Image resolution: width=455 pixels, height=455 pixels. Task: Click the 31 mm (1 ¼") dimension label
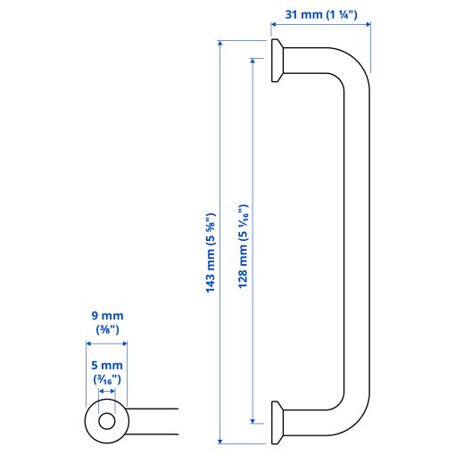click(319, 13)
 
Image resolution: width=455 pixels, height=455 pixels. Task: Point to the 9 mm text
click(106, 316)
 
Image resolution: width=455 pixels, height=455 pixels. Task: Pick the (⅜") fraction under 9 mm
click(106, 330)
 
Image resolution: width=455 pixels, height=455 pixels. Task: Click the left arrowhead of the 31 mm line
click(273, 27)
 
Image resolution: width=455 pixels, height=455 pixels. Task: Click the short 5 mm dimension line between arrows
click(107, 391)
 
